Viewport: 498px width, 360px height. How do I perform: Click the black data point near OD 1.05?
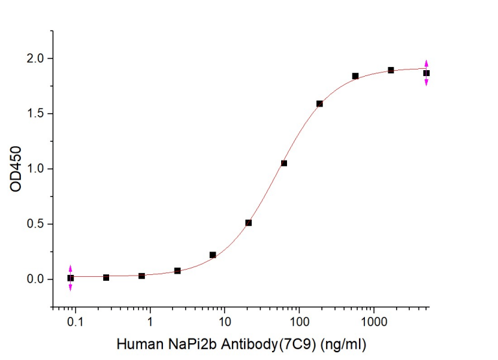click(x=284, y=163)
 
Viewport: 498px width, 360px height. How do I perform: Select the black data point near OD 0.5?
click(x=249, y=223)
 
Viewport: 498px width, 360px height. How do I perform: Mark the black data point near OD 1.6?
click(x=319, y=103)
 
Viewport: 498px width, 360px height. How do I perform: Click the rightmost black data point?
click(x=427, y=73)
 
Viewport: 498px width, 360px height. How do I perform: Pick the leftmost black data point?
click(x=71, y=278)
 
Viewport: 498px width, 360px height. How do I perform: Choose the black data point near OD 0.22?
click(x=213, y=255)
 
